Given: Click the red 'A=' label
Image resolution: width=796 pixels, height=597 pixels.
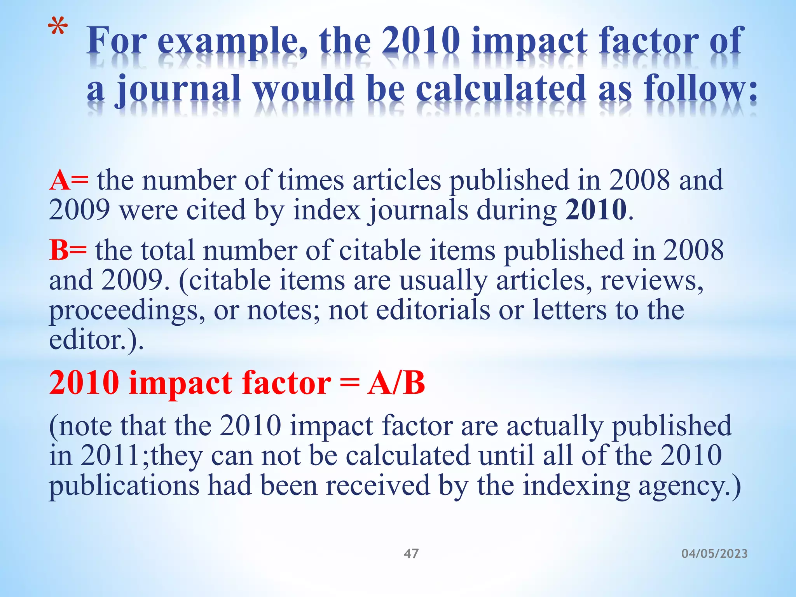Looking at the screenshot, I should click(69, 180).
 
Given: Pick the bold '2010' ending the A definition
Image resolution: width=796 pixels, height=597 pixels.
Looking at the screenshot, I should click(596, 210).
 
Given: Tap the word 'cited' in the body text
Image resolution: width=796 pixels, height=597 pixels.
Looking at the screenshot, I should click(216, 210).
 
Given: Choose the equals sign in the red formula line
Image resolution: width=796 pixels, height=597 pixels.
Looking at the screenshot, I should click(349, 383).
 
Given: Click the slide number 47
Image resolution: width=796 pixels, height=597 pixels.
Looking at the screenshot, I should click(411, 553).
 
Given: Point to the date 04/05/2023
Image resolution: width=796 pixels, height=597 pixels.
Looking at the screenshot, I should click(714, 553).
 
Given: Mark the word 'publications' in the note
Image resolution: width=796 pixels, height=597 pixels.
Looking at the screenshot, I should click(124, 486).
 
